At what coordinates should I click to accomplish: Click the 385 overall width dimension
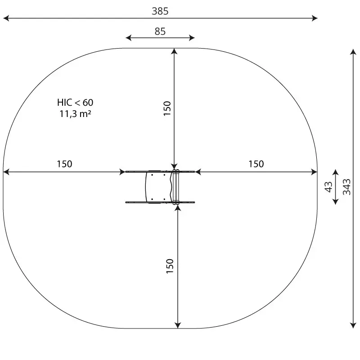(160, 11)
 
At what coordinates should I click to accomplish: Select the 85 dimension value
(160, 31)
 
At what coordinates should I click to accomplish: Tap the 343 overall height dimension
(346, 187)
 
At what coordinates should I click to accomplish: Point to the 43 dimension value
(328, 187)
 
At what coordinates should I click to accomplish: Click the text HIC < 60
(75, 103)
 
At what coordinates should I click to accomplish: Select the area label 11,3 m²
(75, 114)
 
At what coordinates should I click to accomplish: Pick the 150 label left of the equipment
(64, 164)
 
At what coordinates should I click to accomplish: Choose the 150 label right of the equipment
(256, 164)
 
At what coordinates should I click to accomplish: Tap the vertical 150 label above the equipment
(167, 108)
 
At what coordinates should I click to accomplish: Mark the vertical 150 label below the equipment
(170, 266)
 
